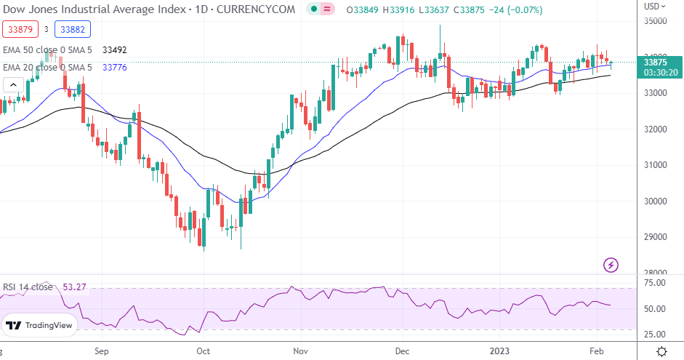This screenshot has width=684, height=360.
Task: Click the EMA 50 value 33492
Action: tap(115, 51)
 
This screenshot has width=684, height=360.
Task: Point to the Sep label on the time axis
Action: tap(101, 351)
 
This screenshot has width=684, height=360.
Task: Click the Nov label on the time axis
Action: tap(299, 351)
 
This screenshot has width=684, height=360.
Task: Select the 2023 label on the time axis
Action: tap(499, 351)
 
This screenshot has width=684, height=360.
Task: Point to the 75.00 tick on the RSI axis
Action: tap(656, 284)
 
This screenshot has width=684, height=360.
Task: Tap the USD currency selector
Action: tap(653, 6)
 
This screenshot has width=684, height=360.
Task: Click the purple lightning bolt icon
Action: tap(611, 264)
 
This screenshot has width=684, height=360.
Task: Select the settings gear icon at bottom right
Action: tap(662, 351)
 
